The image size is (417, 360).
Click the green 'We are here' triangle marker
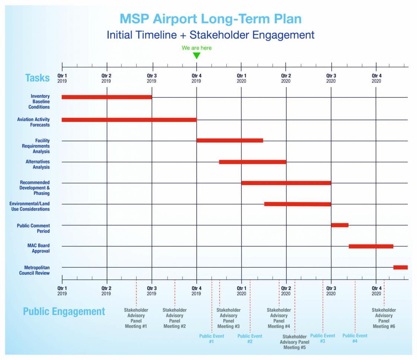pyautogui.click(x=197, y=56)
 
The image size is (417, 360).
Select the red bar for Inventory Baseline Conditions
pyautogui.click(x=107, y=97)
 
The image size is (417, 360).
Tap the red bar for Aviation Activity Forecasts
pyautogui.click(x=129, y=120)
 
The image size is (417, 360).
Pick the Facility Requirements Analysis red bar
pyautogui.click(x=230, y=140)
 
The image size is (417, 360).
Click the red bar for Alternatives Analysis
pyautogui.click(x=252, y=162)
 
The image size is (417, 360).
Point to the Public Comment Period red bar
pyautogui.click(x=340, y=225)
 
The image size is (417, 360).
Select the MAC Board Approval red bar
pyautogui.click(x=371, y=246)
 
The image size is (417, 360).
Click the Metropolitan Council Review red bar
pyautogui.click(x=400, y=267)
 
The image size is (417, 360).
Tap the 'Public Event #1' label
pyautogui.click(x=211, y=338)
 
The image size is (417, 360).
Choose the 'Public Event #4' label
pyautogui.click(x=355, y=338)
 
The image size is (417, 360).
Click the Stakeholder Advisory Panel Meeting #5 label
pyautogui.click(x=295, y=342)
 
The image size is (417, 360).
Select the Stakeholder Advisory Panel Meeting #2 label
pyautogui.click(x=175, y=318)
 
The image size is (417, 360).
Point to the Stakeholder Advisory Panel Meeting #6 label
pyautogui.click(x=384, y=318)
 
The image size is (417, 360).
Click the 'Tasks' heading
pyautogui.click(x=37, y=78)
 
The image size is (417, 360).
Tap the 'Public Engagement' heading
pyautogui.click(x=64, y=312)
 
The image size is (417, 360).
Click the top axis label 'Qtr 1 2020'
pyautogui.click(x=241, y=79)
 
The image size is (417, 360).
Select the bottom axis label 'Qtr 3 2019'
pyautogui.click(x=152, y=291)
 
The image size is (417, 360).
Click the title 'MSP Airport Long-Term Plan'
pyautogui.click(x=210, y=19)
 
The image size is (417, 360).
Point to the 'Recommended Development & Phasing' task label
pyautogui.click(x=35, y=188)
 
